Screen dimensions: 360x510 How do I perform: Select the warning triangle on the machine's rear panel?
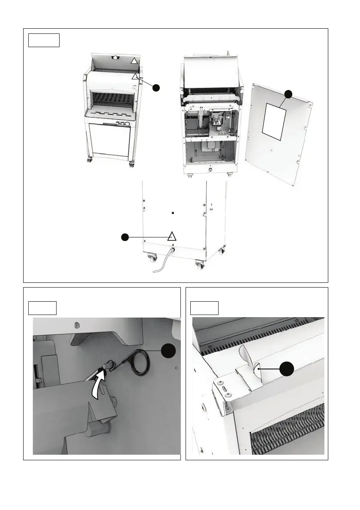(171, 236)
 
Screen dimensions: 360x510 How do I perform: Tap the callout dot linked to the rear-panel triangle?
(124, 237)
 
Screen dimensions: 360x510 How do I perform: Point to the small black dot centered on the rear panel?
(173, 213)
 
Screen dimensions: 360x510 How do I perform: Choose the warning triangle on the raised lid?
(134, 62)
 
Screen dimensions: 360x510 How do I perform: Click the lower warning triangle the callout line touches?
(135, 76)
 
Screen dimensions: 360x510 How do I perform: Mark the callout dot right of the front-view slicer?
(157, 87)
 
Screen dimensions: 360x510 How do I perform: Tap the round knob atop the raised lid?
(114, 58)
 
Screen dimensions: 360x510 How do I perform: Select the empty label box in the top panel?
(44, 40)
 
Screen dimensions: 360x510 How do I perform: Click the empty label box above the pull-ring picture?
(42, 308)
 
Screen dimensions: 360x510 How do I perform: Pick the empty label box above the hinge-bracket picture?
(204, 308)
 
